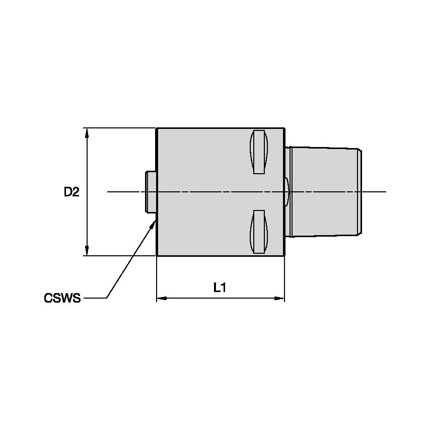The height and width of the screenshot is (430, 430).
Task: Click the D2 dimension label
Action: pos(71,192)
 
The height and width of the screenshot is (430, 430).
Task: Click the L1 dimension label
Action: pos(220,288)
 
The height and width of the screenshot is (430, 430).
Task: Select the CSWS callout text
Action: pos(62,299)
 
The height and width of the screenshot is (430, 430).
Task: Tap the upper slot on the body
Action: pos(259,152)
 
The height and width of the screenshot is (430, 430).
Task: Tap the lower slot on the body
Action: pos(259,232)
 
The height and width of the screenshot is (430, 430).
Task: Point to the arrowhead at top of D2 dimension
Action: pos(88,132)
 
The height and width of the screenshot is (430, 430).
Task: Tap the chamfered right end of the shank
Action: pos(360,192)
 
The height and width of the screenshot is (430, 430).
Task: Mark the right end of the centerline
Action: pos(385,192)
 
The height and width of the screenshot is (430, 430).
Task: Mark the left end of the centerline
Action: pos(108,192)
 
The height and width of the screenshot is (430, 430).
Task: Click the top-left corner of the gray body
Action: pos(158,128)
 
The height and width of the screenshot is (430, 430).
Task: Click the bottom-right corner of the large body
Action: pos(284,255)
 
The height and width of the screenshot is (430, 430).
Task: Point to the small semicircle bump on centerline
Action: pos(287,192)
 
